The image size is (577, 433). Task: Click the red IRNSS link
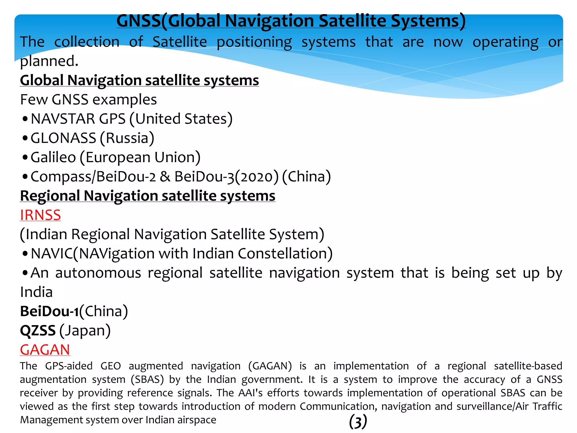(x=40, y=215)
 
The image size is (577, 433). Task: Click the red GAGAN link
(x=45, y=350)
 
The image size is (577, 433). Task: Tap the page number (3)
(x=358, y=422)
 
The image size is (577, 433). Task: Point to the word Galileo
(x=53, y=157)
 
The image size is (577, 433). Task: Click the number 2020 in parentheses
(x=256, y=177)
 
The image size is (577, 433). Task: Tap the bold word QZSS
(x=38, y=330)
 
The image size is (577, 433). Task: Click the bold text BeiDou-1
(x=49, y=312)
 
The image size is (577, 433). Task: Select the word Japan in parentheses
(x=85, y=330)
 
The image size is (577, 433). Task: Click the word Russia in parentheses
(x=127, y=138)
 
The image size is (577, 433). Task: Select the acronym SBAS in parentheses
(x=147, y=379)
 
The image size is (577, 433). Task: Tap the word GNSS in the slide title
(x=138, y=21)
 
